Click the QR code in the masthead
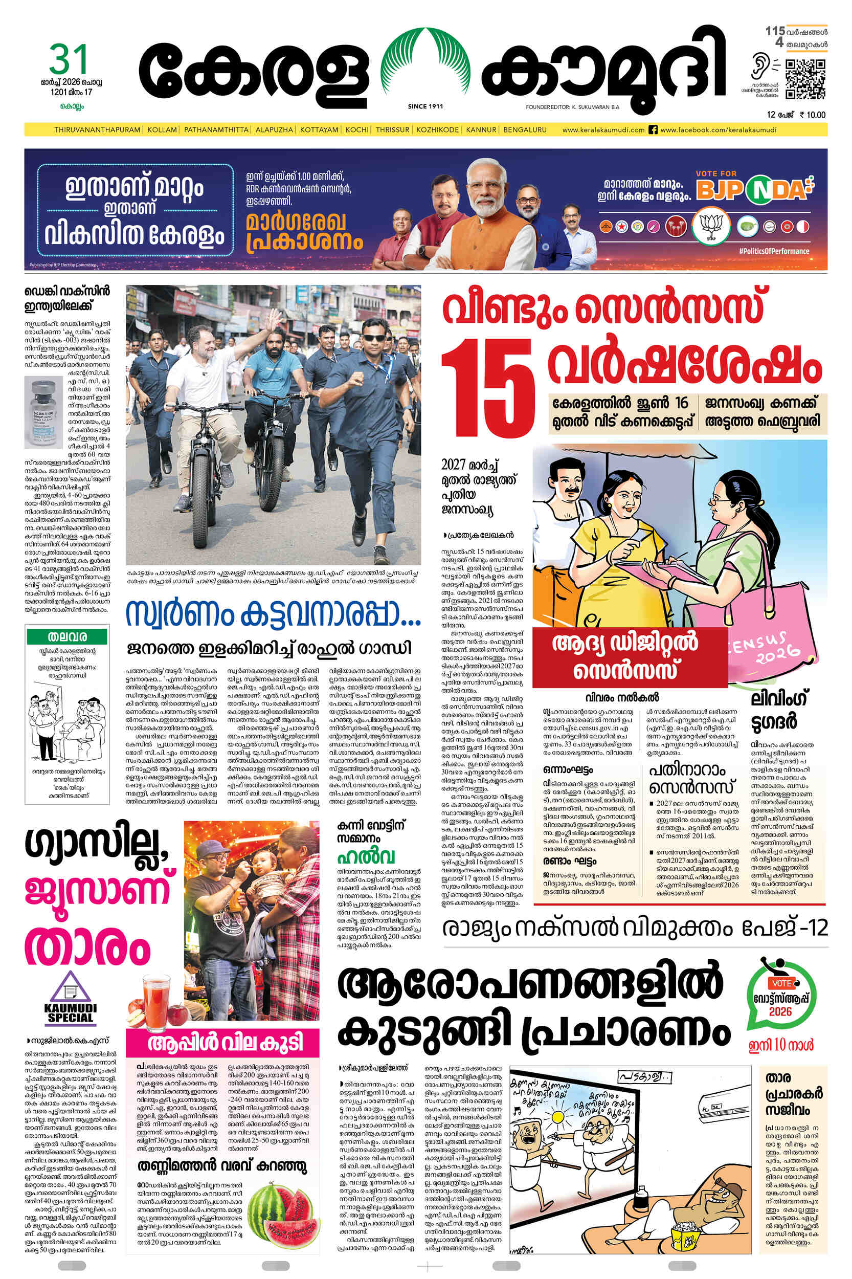(x=805, y=80)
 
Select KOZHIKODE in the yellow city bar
(x=438, y=130)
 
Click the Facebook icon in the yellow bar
(x=654, y=130)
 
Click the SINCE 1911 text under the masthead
(x=425, y=106)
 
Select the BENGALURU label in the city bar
(x=524, y=130)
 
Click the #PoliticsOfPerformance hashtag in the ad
(x=774, y=251)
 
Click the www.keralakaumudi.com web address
(x=603, y=130)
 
